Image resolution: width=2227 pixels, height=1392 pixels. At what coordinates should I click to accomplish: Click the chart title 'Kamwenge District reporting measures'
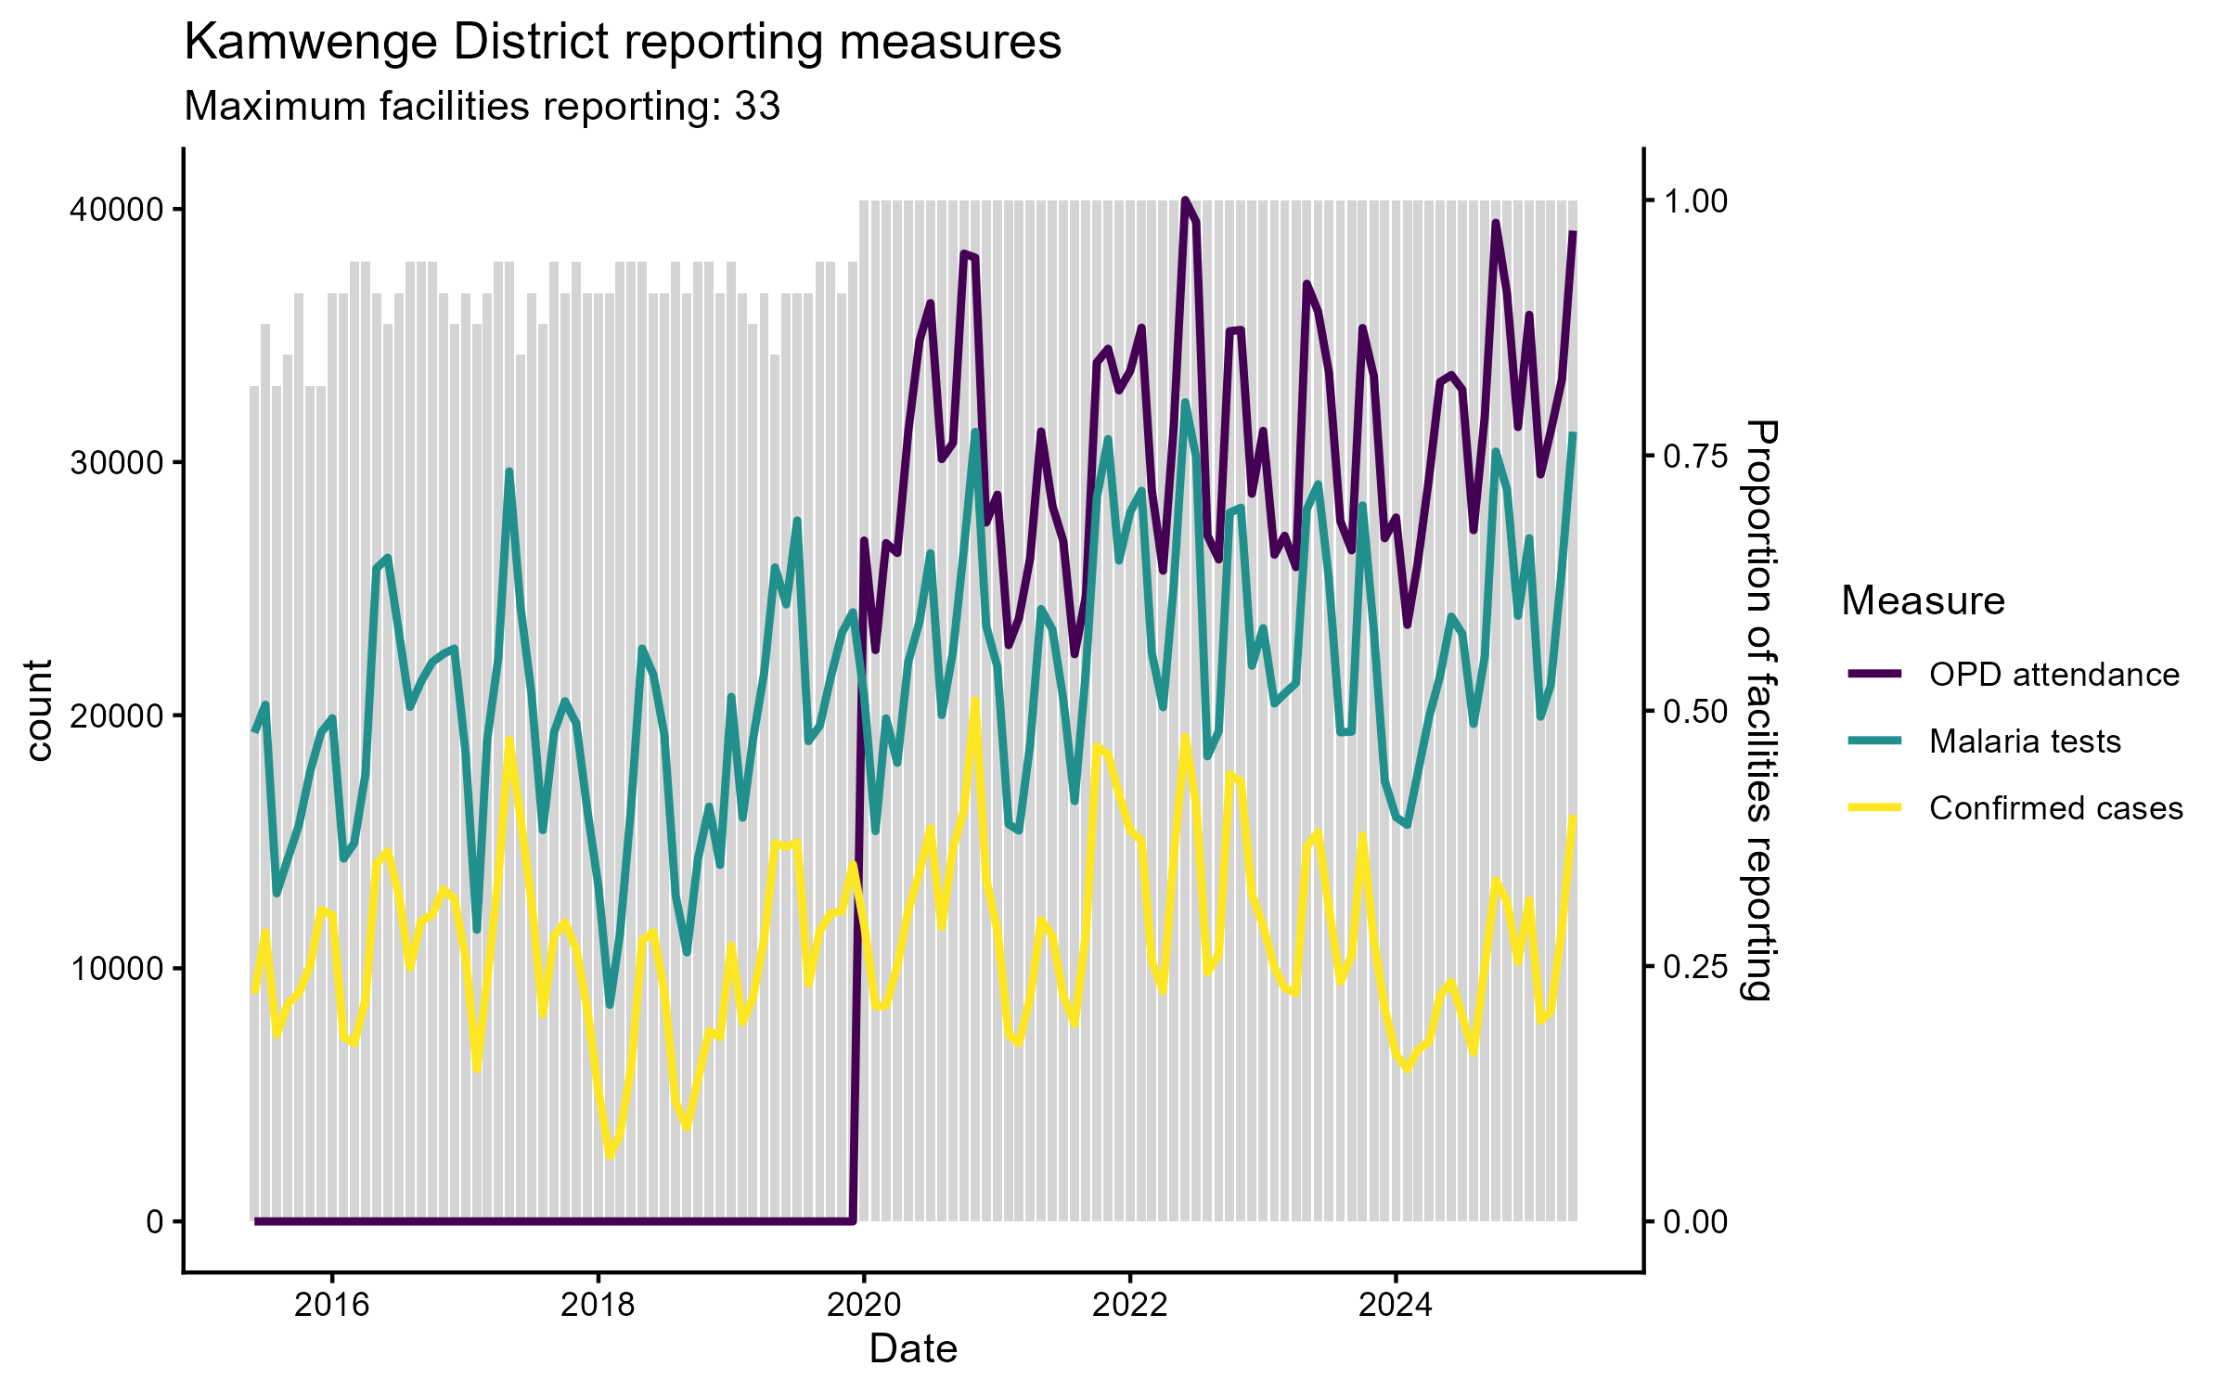click(623, 43)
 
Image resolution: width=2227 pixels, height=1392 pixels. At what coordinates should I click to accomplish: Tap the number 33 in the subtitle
click(757, 107)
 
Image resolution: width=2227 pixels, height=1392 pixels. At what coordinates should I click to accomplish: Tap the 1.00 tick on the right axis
click(1695, 201)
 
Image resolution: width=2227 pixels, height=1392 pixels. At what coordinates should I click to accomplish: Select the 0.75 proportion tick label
click(1695, 456)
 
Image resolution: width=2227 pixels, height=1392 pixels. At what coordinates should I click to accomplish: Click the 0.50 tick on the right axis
click(1695, 712)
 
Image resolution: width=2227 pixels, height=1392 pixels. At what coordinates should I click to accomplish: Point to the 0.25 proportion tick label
click(1695, 967)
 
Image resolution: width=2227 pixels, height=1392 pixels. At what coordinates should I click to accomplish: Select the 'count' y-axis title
click(39, 711)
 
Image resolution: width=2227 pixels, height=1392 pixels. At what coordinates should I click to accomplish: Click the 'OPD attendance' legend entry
click(2053, 675)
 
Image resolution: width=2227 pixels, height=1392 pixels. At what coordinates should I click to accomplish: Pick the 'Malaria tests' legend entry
click(2025, 741)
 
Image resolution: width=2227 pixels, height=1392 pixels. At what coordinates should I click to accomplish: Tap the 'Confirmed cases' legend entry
click(2055, 808)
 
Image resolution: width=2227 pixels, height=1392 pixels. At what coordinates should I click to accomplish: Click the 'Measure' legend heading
click(1923, 601)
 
